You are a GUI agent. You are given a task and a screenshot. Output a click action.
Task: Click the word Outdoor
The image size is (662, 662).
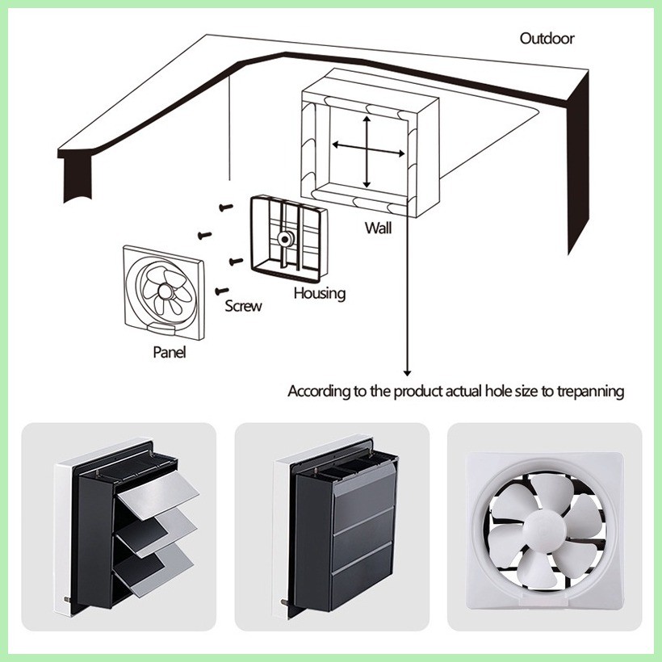[x=547, y=38]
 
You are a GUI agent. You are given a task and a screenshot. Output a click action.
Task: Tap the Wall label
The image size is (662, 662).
[x=377, y=228]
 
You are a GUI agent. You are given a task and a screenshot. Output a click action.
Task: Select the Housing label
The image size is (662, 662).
[x=319, y=293]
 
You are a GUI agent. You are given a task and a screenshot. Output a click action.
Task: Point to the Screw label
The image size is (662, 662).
[x=243, y=306]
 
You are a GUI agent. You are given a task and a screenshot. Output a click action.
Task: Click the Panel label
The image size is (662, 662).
[x=169, y=352]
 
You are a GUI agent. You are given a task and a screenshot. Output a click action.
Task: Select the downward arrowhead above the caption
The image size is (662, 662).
[x=408, y=371]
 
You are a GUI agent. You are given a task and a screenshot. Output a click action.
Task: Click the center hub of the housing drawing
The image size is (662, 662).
[x=284, y=240]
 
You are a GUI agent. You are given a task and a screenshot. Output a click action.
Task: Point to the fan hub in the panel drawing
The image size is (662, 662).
[x=164, y=291]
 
